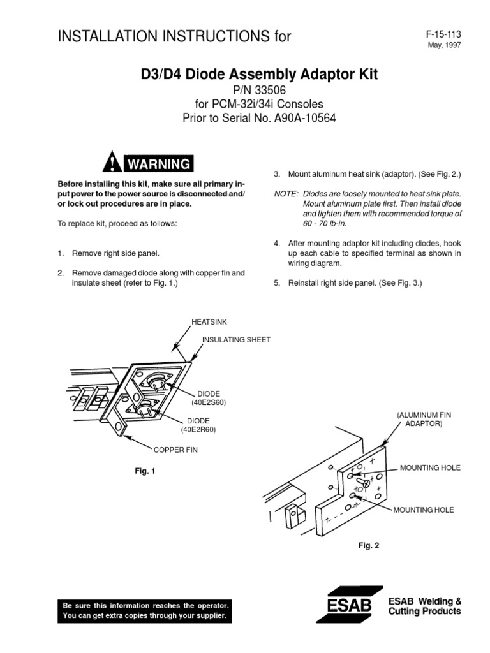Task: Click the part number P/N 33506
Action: point(258,91)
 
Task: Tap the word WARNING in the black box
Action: point(158,165)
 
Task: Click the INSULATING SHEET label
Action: point(236,340)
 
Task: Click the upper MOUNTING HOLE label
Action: point(430,468)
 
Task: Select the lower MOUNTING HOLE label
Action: point(424,510)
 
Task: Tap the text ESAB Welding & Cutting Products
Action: point(425,606)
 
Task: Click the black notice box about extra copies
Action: point(144,611)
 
